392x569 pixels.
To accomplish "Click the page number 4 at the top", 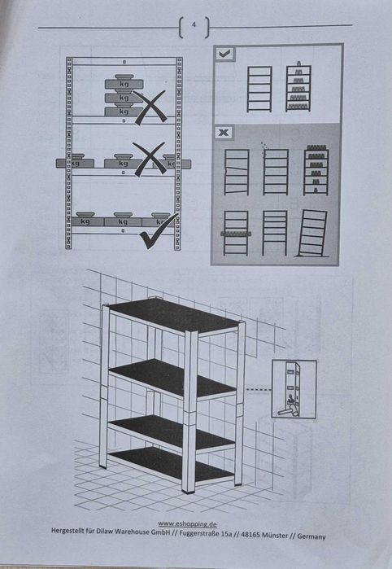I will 194,26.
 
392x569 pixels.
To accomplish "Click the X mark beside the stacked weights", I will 149,107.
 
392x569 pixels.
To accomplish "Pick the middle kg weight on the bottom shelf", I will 123,220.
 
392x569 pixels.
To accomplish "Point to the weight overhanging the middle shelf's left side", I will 75,162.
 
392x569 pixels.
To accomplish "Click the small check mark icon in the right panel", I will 224,53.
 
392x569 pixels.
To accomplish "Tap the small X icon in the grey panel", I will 224,132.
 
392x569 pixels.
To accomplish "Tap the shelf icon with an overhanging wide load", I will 236,233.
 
